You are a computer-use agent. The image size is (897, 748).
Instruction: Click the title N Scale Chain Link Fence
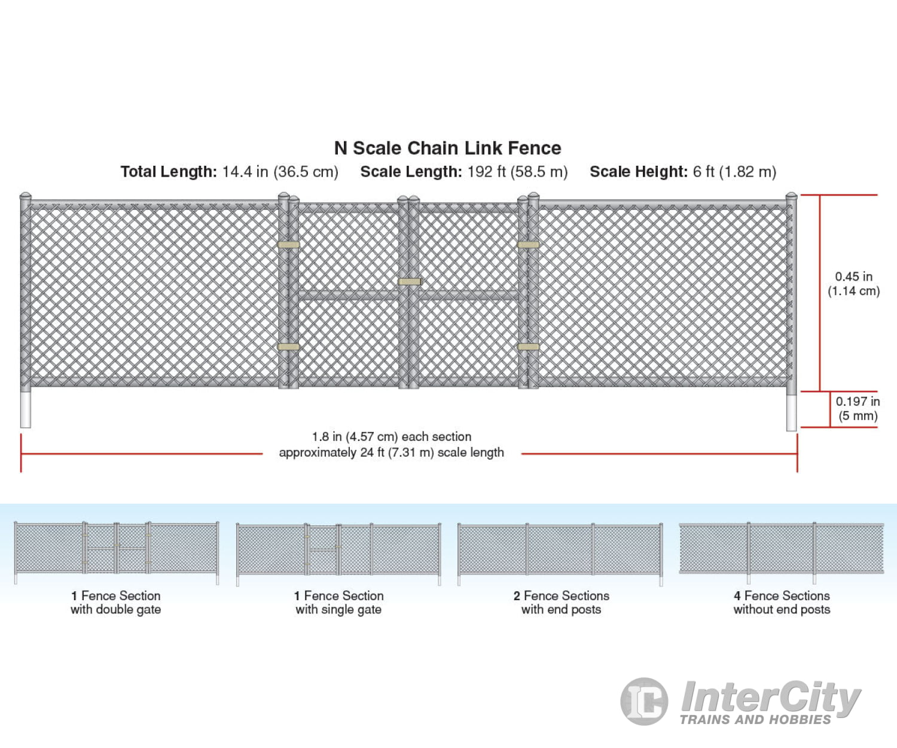448,148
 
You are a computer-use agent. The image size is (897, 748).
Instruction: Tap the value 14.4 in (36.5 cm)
280,172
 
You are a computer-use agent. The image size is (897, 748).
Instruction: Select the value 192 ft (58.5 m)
517,172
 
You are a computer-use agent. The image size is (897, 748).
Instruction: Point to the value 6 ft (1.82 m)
734,172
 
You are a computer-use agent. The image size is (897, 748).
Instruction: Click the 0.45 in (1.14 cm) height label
853,284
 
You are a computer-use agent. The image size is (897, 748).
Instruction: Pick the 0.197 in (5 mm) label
858,408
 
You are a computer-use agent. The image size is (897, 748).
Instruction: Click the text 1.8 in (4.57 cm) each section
391,437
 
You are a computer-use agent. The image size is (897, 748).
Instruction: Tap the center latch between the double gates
410,282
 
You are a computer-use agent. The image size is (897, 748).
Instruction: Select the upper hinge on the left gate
288,245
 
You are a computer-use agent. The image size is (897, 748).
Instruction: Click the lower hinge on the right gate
528,346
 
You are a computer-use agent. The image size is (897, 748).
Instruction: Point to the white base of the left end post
26,409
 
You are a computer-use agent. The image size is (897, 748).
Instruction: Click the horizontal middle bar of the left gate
349,296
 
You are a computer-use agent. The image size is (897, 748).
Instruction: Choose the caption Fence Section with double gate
116,602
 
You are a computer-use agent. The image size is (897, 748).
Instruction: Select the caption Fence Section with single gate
338,602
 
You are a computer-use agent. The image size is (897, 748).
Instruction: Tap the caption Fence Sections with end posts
561,602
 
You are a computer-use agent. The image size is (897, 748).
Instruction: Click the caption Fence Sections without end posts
782,602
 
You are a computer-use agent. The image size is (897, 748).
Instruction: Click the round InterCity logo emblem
644,701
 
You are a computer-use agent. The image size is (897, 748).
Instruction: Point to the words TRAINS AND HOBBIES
755,719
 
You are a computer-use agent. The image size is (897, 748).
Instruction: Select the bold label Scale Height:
639,172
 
